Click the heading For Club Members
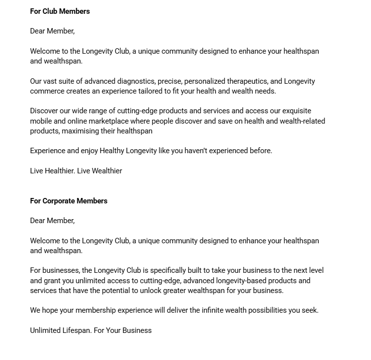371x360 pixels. point(60,11)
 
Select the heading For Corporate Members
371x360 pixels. point(68,201)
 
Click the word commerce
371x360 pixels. point(46,91)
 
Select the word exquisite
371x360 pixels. point(297,111)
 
